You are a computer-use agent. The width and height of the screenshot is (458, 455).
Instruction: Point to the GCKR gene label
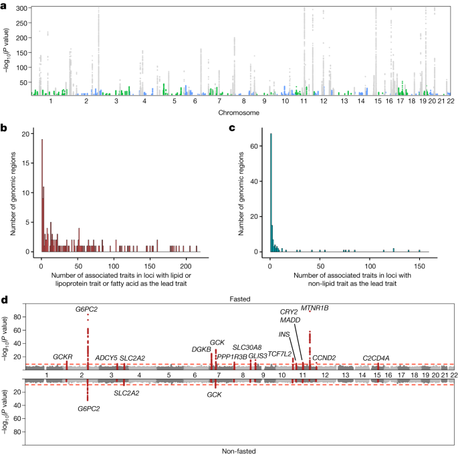pos(62,357)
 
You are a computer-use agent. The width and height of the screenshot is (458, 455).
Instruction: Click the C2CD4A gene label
pos(376,358)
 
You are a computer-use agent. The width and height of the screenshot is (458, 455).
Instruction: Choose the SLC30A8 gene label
pos(247,347)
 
